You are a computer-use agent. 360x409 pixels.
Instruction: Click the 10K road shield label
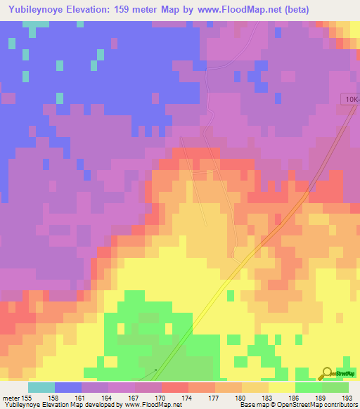coord(351,100)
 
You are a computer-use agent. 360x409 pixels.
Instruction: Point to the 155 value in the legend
coord(27,397)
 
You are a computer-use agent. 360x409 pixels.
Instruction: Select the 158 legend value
coord(54,397)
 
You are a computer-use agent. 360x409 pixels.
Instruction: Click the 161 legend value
coord(81,397)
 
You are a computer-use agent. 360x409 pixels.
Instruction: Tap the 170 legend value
coord(161,397)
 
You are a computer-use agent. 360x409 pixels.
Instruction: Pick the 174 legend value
coord(188,397)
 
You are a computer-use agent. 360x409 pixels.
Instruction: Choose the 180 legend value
coord(241,397)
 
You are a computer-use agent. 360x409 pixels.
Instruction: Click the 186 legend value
coord(295,397)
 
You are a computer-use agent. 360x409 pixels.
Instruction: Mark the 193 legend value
coord(348,397)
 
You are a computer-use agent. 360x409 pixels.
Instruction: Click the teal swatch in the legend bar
coord(41,387)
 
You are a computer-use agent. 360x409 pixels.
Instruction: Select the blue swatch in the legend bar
coord(67,387)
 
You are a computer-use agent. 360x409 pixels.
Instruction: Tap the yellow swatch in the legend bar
coord(281,387)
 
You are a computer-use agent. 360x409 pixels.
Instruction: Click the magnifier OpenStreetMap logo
coord(328,373)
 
